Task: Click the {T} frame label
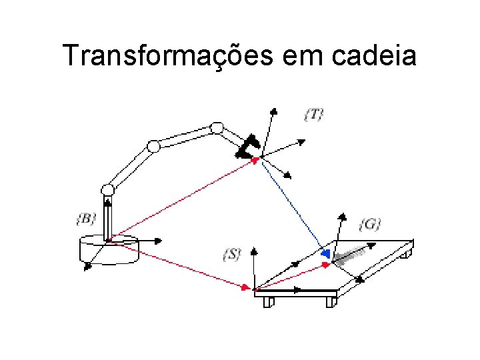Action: coord(313,115)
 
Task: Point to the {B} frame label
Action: coord(87,218)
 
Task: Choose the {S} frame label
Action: coord(231,255)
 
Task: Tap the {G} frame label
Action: coord(370,224)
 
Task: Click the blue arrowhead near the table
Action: coord(325,254)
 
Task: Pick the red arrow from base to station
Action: coord(180,265)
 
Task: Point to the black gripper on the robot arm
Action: coord(248,147)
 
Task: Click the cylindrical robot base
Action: coord(108,251)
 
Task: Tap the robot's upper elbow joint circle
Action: coord(216,127)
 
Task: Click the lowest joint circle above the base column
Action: coord(107,190)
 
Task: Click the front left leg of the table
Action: coord(268,302)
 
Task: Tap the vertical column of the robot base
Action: coord(107,217)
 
